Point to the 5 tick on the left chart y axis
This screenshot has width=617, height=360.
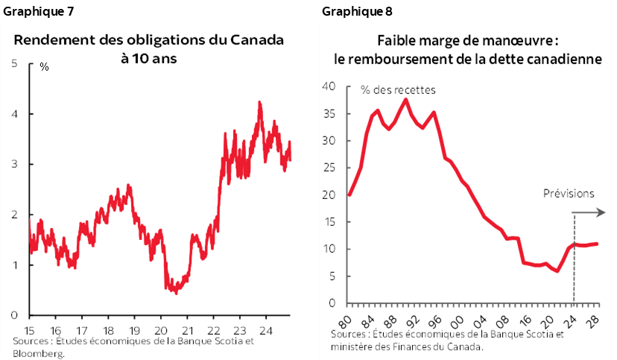tap(14, 63)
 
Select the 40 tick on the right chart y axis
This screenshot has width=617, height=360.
tap(330, 86)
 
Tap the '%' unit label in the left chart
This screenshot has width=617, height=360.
tap(44, 67)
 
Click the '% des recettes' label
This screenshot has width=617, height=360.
tap(398, 90)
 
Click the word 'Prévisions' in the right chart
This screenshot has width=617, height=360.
tap(569, 194)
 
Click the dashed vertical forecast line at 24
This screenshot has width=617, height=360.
tap(574, 268)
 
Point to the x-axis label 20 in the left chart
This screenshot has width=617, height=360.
tap(160, 329)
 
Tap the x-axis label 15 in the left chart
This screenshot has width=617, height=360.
tap(28, 329)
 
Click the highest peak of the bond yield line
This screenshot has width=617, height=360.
tap(259, 102)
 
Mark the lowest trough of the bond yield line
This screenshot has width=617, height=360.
tap(176, 293)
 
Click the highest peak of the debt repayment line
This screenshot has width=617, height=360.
tap(405, 99)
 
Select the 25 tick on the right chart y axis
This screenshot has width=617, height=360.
tap(330, 168)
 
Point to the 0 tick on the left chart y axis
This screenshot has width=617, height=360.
tap(14, 315)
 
